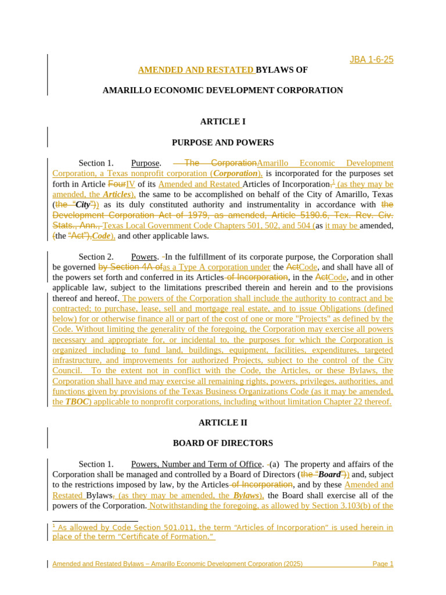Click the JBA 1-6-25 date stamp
tap(371, 59)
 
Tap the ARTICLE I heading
tap(222, 121)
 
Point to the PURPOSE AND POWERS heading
tap(222, 142)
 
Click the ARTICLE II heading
tap(222, 422)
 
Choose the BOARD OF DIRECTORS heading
tap(222, 443)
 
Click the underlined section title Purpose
tap(145, 163)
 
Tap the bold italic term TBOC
tap(77, 402)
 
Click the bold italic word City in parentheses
tap(83, 205)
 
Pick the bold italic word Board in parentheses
tap(329, 475)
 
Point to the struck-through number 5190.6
tap(339, 215)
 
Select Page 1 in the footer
tap(383, 564)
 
